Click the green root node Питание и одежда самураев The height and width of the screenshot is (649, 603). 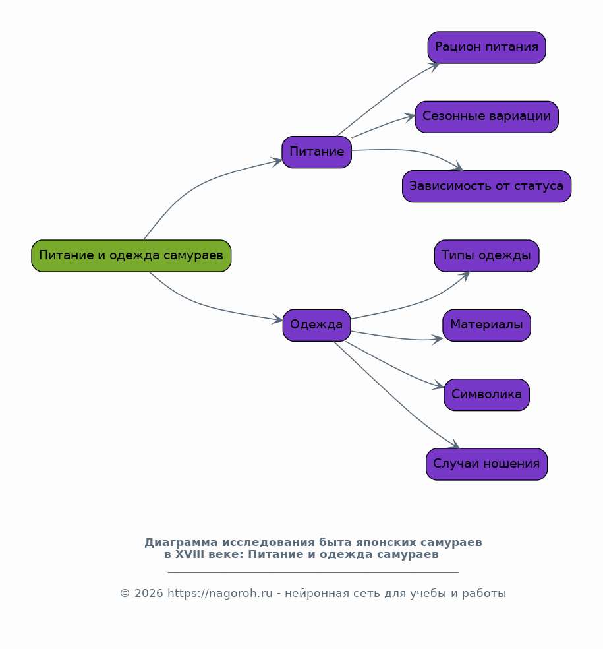click(x=131, y=256)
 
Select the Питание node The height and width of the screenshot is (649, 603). click(x=317, y=152)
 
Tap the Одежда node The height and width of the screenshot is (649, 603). click(x=317, y=325)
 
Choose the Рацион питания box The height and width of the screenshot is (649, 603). click(x=487, y=47)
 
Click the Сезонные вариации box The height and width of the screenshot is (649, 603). click(x=487, y=117)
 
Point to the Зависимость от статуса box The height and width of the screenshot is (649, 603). click(x=487, y=186)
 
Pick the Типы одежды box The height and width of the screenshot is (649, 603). click(x=487, y=256)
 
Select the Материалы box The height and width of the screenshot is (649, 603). click(x=487, y=325)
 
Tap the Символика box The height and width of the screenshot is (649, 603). click(x=487, y=395)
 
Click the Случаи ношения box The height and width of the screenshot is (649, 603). click(x=487, y=464)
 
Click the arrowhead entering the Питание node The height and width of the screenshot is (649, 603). click(x=277, y=162)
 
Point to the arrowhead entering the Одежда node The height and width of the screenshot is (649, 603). click(x=277, y=319)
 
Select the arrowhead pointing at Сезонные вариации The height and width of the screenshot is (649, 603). click(x=409, y=117)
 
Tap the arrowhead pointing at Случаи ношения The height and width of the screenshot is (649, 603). click(x=455, y=444)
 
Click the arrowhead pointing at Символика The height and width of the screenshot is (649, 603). click(x=438, y=385)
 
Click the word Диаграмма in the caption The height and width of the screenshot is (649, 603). click(x=181, y=543)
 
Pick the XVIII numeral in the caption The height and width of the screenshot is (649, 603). click(x=189, y=555)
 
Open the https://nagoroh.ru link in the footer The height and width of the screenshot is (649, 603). click(x=220, y=594)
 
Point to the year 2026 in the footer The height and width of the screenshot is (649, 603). click(x=149, y=594)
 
